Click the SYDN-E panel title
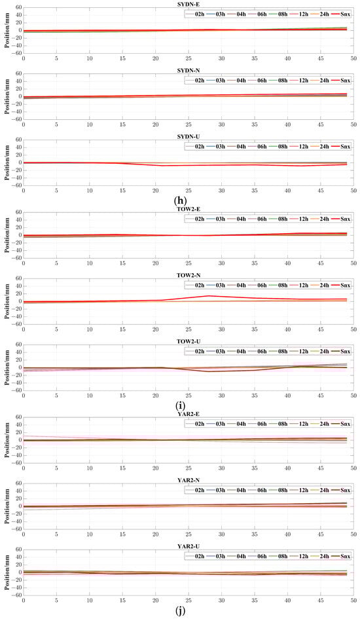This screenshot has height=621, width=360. coord(189,4)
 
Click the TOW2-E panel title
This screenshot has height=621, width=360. coord(189,209)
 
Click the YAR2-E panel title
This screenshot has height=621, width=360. coord(189,413)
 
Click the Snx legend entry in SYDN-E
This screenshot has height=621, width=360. coord(341,13)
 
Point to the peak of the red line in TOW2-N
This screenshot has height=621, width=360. coord(208,296)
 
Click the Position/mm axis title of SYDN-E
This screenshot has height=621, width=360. coord(5,30)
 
